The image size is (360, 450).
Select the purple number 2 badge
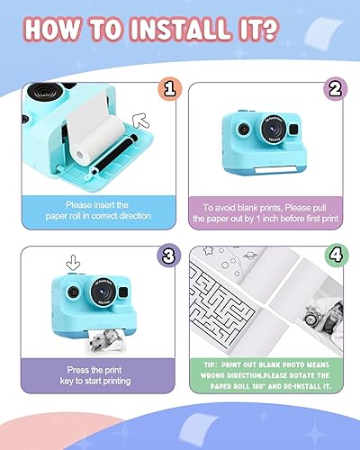click(x=334, y=87)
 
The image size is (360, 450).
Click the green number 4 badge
click(x=334, y=256)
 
